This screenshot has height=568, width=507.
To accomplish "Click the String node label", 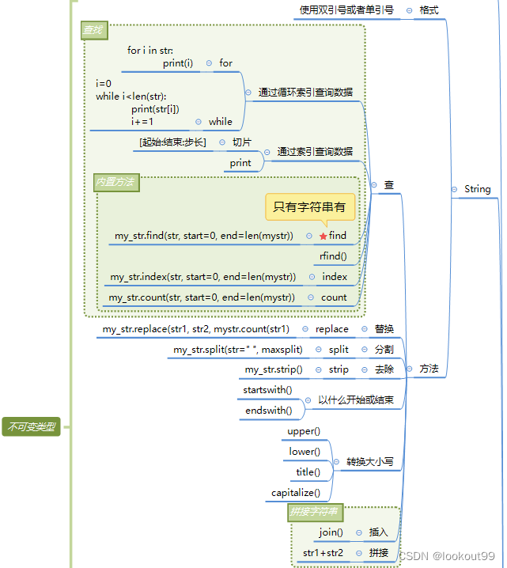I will point(477,189).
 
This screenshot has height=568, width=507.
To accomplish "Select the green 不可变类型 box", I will point(31,427).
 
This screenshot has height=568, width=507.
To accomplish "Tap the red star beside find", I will point(323,236).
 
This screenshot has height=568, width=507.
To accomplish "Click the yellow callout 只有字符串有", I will point(309,207).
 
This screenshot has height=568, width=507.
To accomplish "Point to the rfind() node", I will point(333,256).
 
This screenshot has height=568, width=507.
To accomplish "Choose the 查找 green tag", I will point(93,31).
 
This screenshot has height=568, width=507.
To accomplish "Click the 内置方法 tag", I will point(115,182).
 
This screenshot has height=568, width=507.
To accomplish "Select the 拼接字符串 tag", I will point(314,512).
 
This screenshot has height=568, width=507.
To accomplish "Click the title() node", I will point(308,472).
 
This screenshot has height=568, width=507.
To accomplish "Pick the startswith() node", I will point(267,390).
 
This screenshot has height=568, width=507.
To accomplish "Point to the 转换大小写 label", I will point(369,462).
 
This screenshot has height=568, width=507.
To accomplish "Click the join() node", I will point(331,532).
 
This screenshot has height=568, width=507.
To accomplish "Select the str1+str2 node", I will point(323,553).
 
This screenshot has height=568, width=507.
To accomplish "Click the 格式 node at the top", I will point(429,10).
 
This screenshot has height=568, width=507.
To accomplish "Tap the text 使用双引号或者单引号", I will point(346,10).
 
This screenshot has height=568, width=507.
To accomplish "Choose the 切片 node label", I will point(241,142).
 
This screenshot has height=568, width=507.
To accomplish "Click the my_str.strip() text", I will point(273,369).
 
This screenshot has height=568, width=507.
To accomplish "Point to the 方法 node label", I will point(429,369).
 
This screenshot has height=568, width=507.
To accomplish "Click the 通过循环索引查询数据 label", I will point(305,93).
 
